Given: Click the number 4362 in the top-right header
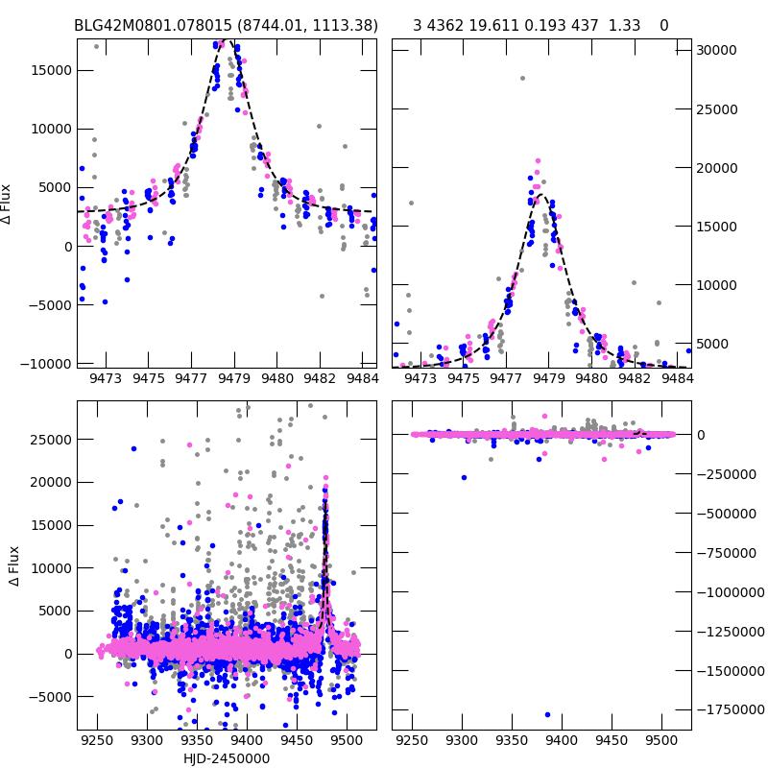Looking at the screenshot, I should (444, 25).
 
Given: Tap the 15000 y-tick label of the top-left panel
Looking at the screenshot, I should (49, 70).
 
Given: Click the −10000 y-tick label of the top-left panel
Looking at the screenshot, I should (42, 364).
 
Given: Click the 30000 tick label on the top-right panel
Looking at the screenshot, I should (717, 50).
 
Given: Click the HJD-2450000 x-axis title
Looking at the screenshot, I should (227, 758).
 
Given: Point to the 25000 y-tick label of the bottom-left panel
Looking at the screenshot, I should (49, 440).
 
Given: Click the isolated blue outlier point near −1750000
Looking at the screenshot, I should (547, 714).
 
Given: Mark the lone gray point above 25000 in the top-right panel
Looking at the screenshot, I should (522, 78).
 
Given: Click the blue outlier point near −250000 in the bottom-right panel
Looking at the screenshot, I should (464, 477).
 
